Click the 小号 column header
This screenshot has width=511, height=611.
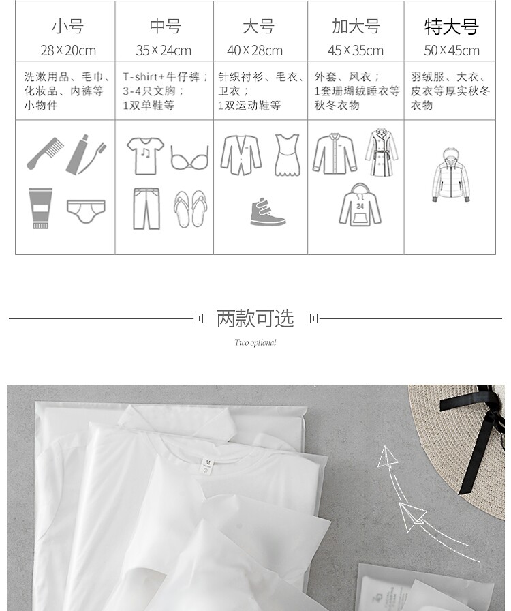(67, 27)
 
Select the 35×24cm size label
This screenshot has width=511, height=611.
(164, 50)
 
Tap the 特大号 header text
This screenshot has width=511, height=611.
(452, 27)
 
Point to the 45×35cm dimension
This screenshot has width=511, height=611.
(356, 50)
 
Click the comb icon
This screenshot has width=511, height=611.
(45, 153)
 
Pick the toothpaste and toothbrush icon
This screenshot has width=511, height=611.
(86, 155)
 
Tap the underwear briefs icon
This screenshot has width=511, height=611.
(86, 211)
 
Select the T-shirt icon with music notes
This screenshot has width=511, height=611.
(145, 155)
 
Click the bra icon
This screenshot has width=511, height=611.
(190, 158)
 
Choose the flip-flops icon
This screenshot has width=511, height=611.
(191, 209)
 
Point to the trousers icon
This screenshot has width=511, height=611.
(146, 209)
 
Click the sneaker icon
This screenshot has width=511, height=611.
(268, 212)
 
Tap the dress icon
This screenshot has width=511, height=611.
(288, 155)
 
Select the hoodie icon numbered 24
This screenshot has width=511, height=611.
(360, 205)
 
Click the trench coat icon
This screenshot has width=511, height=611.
(382, 152)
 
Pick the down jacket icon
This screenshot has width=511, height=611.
(451, 175)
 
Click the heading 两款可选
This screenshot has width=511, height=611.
(255, 318)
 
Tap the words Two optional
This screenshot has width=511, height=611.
(255, 342)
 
